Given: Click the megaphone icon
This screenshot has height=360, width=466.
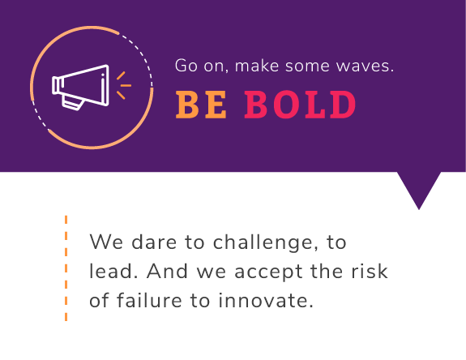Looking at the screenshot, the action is [80, 87].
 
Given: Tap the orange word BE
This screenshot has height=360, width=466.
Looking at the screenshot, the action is [201, 105].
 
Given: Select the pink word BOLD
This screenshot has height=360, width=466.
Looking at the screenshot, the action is [300, 105].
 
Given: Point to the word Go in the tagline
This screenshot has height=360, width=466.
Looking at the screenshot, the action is [186, 66].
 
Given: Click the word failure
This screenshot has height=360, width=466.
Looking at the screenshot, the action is [149, 300].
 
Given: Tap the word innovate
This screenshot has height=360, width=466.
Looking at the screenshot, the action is [266, 300].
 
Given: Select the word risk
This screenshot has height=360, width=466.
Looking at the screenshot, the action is [370, 271].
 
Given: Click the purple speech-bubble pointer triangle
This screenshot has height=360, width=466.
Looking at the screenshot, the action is [419, 187].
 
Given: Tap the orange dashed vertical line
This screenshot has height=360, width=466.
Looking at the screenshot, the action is [66, 268].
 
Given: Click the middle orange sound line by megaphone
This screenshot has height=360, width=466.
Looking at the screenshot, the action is [126, 86].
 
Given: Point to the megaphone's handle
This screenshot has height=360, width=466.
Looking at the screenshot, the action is [73, 102].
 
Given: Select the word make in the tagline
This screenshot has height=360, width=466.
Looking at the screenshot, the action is [257, 66].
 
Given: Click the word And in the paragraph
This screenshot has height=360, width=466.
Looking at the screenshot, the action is [167, 271].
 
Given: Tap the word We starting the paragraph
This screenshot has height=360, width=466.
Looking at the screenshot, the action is [106, 242].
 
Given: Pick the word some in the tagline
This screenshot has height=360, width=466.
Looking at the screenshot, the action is [307, 66].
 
